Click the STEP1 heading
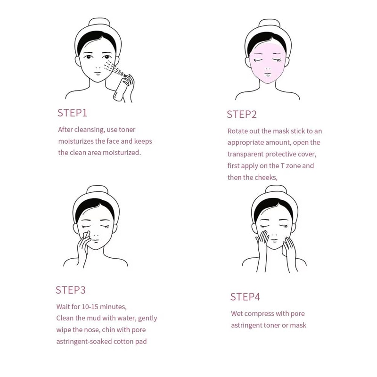coord(72,113)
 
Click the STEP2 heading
coord(241,115)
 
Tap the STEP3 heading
coord(71,290)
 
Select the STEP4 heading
coord(245,297)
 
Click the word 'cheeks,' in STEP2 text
coord(265,178)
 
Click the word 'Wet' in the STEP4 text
coord(238,314)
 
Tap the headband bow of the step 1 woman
coord(99,23)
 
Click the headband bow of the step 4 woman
coord(269,189)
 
